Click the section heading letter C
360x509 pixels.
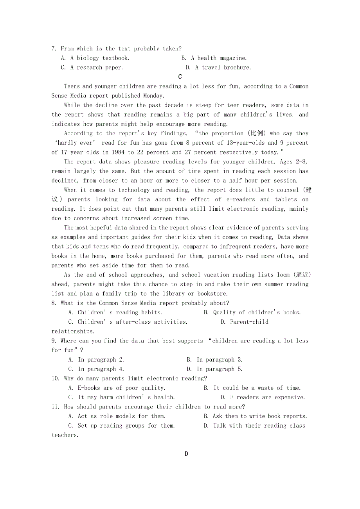click(180, 77)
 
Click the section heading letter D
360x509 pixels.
click(186, 454)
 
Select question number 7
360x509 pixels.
click(54, 49)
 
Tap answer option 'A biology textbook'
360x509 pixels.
click(100, 58)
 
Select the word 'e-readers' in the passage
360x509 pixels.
click(241, 199)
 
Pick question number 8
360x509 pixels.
click(54, 303)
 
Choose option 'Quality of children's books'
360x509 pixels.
click(257, 313)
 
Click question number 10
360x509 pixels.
click(56, 378)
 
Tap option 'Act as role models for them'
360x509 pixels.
click(121, 416)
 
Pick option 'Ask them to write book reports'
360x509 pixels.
click(260, 416)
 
